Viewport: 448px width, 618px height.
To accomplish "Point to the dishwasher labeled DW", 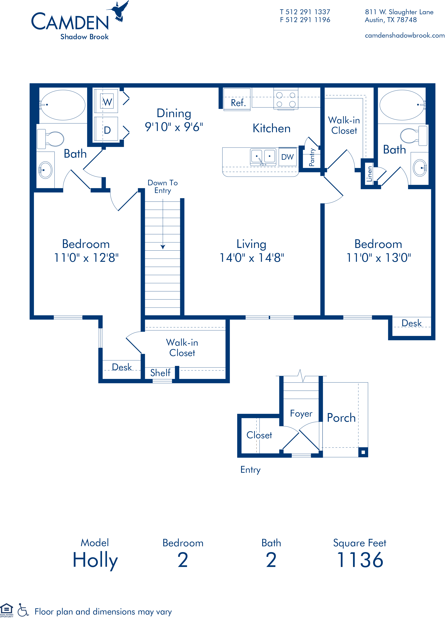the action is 288,157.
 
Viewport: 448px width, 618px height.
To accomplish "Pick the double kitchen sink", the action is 263,157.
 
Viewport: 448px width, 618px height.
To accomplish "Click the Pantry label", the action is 312,157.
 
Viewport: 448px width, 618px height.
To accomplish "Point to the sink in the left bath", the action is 45,170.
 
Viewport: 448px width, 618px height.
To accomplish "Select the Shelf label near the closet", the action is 160,373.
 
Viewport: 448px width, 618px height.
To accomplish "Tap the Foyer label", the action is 301,414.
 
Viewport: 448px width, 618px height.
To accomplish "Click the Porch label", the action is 341,418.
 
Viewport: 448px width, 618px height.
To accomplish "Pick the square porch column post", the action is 363,452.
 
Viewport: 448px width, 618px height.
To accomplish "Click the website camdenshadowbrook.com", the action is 405,35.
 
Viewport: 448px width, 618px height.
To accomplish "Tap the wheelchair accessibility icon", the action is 23,610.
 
